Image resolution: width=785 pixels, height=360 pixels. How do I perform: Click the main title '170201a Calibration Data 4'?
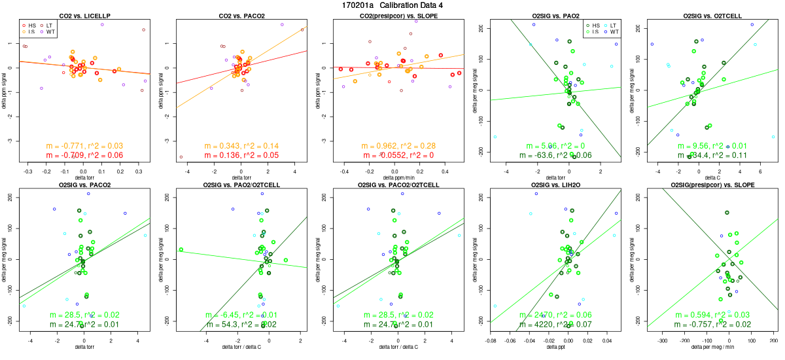tap(392, 5)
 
